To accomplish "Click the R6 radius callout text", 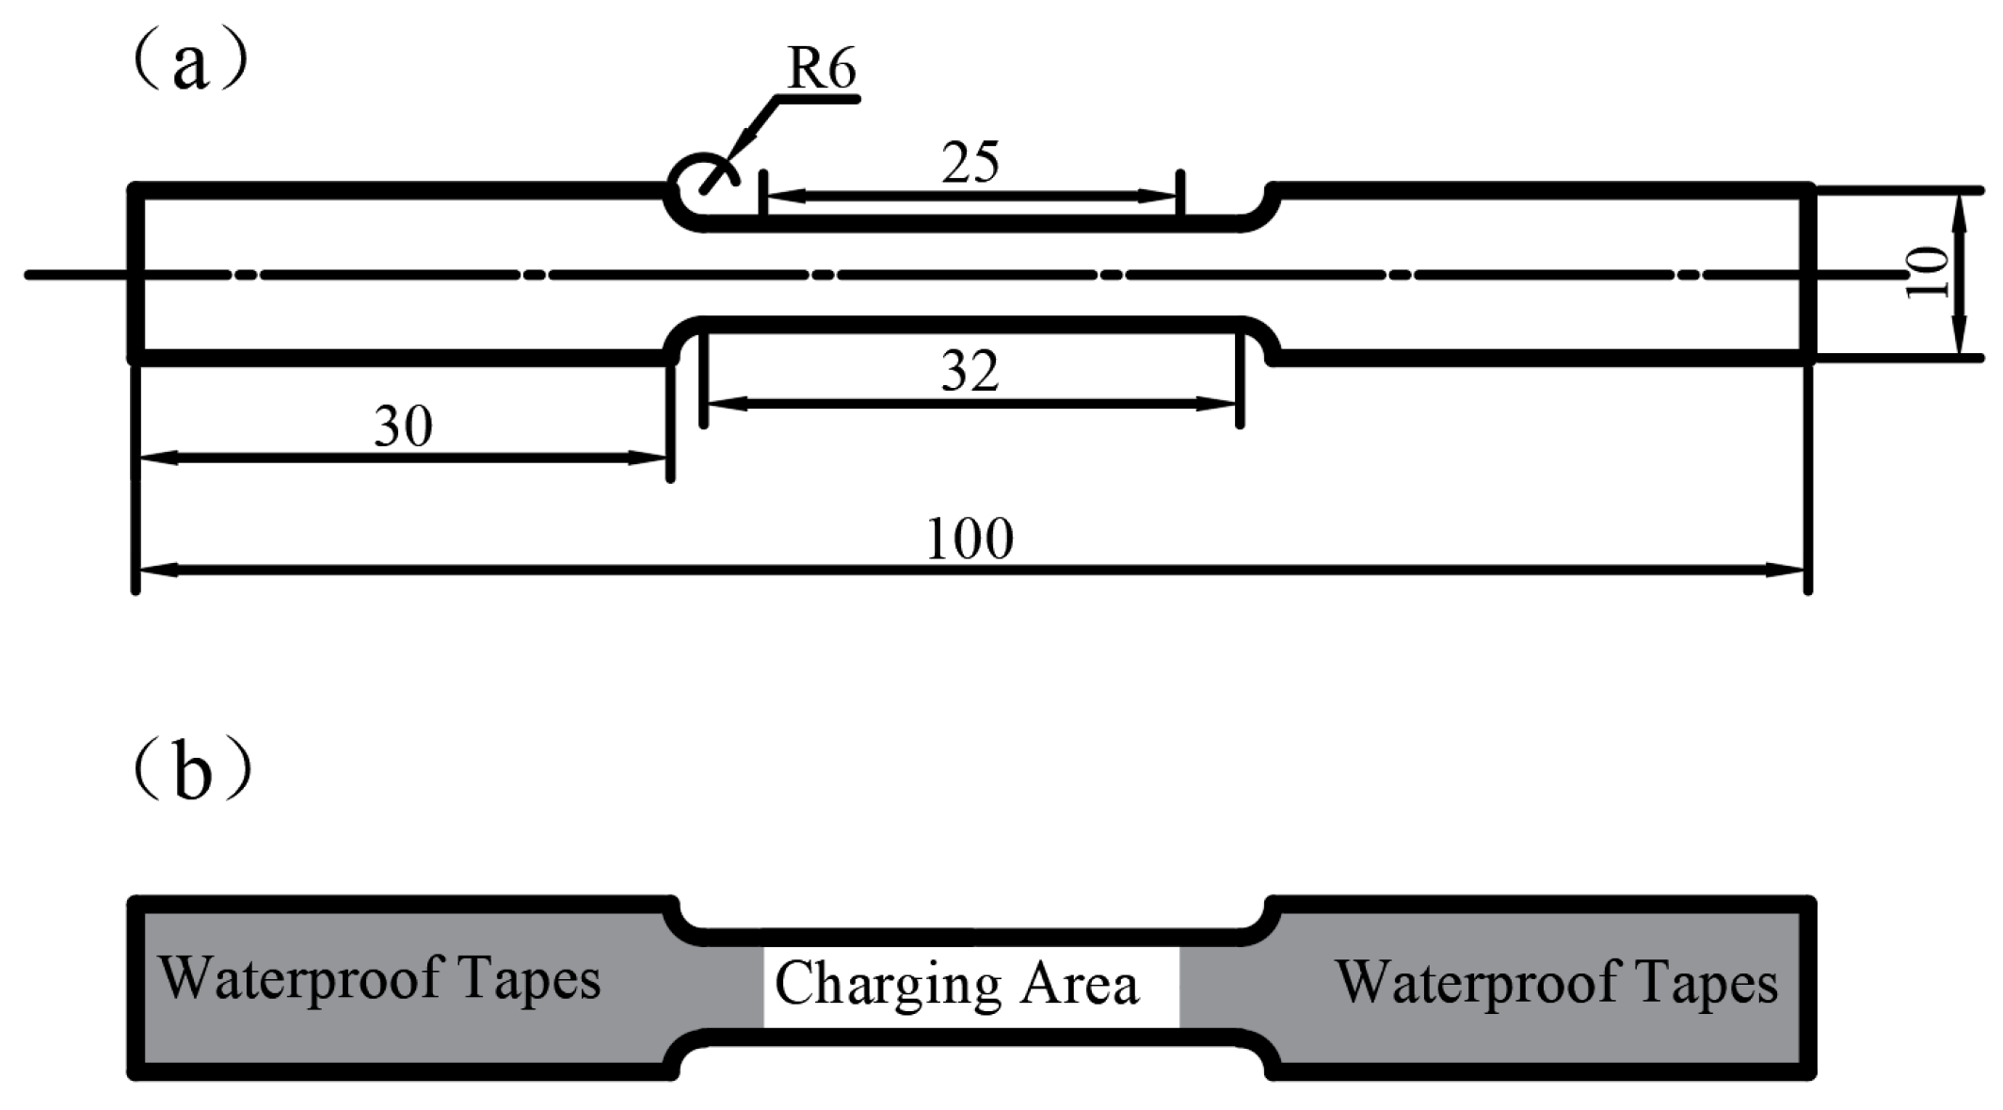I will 822,70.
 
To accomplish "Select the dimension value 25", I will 970,164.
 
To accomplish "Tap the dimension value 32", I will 969,372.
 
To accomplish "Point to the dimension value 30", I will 403,426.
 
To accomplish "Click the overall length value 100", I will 969,539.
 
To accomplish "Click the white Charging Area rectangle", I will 970,987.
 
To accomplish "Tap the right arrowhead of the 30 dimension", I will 649,458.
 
